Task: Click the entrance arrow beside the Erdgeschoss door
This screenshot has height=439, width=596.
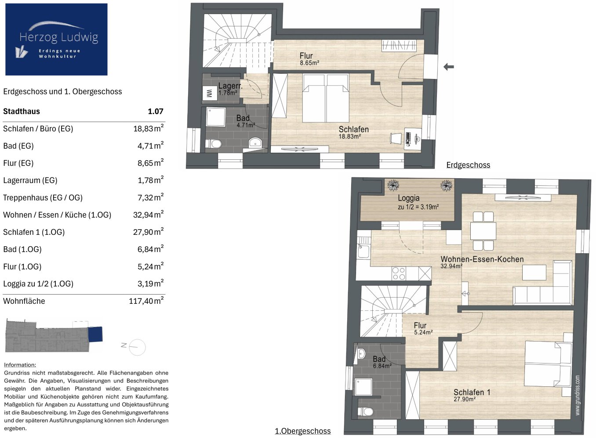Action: coord(449,67)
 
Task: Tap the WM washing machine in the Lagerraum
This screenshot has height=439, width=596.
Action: coord(209,93)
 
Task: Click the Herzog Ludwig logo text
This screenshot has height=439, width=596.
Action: coord(59,37)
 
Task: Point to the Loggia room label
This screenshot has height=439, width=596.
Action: coord(409,198)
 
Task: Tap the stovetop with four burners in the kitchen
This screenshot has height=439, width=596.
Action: coord(399,273)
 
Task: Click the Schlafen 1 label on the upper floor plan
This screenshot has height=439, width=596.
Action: coord(472,392)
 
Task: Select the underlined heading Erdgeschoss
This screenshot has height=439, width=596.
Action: coord(468,165)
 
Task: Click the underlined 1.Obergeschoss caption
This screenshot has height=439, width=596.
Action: coord(303,431)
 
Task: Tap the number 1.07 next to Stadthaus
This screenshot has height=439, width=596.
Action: coord(156,111)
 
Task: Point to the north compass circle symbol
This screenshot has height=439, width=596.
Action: coord(137,347)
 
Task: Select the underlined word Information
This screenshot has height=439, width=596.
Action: coord(20,365)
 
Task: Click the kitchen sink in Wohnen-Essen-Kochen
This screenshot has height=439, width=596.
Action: coord(364,251)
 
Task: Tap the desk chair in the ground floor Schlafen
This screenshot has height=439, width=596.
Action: coord(396,138)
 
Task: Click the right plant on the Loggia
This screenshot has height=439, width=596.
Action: coord(447,185)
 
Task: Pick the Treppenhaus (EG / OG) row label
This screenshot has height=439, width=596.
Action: coord(43,198)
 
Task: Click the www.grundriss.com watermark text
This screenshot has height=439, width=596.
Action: coord(578,395)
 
